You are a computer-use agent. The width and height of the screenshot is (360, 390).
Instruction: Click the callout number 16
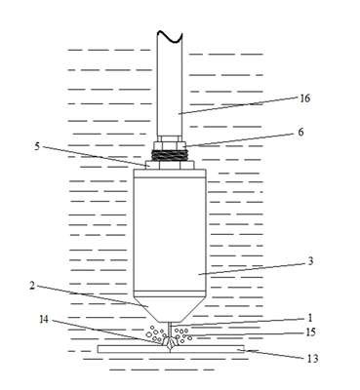(x=305, y=98)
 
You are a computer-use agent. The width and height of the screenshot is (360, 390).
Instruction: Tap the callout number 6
(x=300, y=132)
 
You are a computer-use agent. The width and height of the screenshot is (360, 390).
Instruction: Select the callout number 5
(x=37, y=146)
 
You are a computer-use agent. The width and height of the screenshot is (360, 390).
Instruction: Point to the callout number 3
(x=310, y=261)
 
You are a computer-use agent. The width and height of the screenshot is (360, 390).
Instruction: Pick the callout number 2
(x=32, y=286)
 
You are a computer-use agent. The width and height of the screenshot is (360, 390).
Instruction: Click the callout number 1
(x=310, y=318)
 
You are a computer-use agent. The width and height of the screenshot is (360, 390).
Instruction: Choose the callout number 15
(x=310, y=332)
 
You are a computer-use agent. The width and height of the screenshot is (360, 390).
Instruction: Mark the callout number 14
(x=44, y=320)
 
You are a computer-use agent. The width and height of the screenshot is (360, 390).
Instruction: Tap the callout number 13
(x=312, y=359)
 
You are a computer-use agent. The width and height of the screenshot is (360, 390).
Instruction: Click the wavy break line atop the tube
(x=170, y=36)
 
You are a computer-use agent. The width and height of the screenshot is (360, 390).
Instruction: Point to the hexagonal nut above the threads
(x=170, y=144)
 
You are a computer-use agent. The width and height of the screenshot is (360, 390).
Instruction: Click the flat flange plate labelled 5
(x=170, y=165)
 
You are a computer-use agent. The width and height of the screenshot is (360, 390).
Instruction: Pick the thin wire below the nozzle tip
(x=170, y=330)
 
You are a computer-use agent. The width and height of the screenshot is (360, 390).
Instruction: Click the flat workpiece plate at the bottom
(x=171, y=349)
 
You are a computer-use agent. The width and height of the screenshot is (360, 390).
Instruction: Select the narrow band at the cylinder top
(x=170, y=174)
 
